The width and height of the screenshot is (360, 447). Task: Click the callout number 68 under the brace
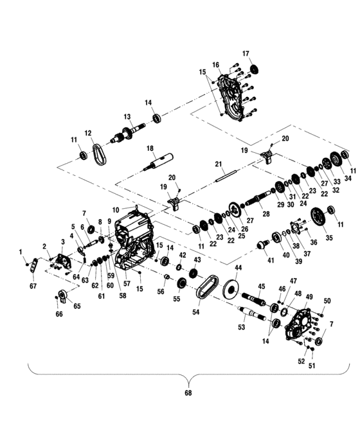click(188, 393)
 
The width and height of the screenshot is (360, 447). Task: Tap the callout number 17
click(246, 53)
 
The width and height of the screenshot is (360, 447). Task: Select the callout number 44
click(239, 268)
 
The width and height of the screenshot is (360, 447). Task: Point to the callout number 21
click(218, 164)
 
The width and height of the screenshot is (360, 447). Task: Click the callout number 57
click(127, 284)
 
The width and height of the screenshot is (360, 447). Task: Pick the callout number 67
click(33, 286)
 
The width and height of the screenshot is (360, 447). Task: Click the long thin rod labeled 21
click(226, 175)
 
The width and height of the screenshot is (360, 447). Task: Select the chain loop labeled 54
click(208, 286)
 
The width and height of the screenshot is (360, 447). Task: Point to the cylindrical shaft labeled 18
click(159, 162)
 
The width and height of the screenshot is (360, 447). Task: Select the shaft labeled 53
click(253, 313)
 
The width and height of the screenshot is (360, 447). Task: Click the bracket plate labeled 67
click(34, 265)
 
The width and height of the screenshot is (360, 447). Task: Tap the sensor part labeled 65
click(63, 295)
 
